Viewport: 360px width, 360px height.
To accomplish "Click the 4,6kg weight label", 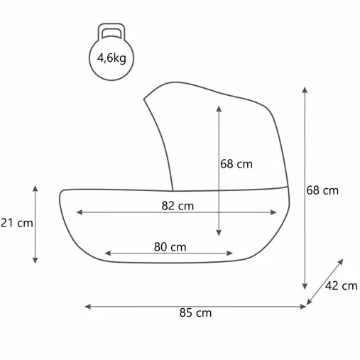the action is pos(111,58).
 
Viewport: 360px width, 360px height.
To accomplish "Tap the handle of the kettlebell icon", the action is pos(111,26).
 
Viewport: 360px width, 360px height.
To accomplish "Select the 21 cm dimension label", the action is pos(16,223).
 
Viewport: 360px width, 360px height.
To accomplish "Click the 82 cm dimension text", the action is pos(178,206).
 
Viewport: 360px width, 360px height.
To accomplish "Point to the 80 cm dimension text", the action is pos(170,247).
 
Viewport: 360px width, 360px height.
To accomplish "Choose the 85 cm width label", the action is pos(195,313).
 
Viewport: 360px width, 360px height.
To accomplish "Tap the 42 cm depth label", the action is pos(341,286).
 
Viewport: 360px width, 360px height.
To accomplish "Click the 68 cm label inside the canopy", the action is pos(236,164).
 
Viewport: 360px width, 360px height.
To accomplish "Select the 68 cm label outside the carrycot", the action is pos(322,190).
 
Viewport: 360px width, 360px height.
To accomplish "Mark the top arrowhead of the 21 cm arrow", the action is pos(36,188).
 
